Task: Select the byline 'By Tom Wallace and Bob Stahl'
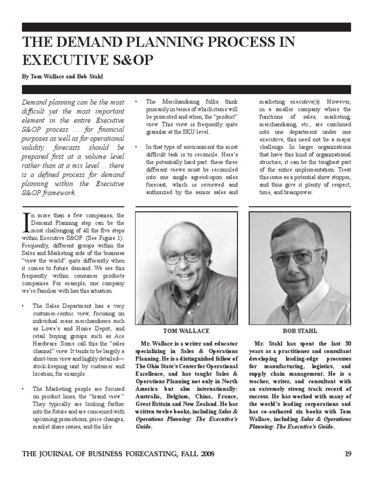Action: [62, 77]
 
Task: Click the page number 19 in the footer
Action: [347, 454]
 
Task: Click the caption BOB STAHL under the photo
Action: [299, 331]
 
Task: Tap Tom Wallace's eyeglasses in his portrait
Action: [184, 256]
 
